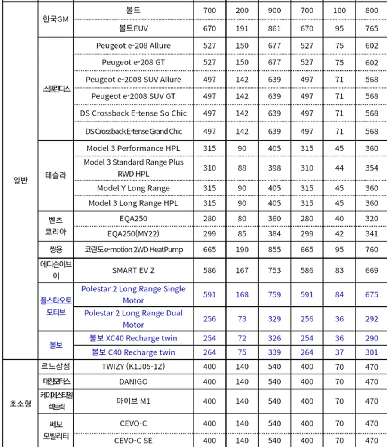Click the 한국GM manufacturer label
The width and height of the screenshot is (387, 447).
click(56, 19)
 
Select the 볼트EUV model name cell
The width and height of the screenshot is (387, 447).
click(133, 28)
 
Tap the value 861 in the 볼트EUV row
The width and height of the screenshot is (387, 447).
click(274, 28)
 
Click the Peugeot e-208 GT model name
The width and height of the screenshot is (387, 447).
click(133, 62)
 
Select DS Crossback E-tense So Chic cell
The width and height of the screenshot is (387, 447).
click(133, 113)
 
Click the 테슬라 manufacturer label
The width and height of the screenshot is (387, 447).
click(56, 175)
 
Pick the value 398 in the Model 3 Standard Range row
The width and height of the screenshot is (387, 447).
click(274, 168)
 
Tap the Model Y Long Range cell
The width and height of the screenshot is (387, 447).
click(133, 188)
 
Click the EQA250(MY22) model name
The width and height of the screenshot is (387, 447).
click(133, 234)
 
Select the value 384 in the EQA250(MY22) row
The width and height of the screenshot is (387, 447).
click(274, 234)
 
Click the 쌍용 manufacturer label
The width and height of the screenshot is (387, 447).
click(56, 249)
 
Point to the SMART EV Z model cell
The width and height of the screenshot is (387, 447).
click(133, 270)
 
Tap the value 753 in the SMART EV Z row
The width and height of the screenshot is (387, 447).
click(274, 270)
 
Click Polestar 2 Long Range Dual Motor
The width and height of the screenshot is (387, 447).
click(133, 319)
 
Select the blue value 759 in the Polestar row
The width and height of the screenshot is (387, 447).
click(274, 295)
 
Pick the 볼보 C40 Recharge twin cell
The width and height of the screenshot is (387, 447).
click(133, 352)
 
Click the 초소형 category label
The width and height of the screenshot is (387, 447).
click(20, 403)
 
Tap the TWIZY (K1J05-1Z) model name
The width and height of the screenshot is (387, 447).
click(133, 367)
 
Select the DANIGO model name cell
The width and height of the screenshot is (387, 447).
click(133, 382)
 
